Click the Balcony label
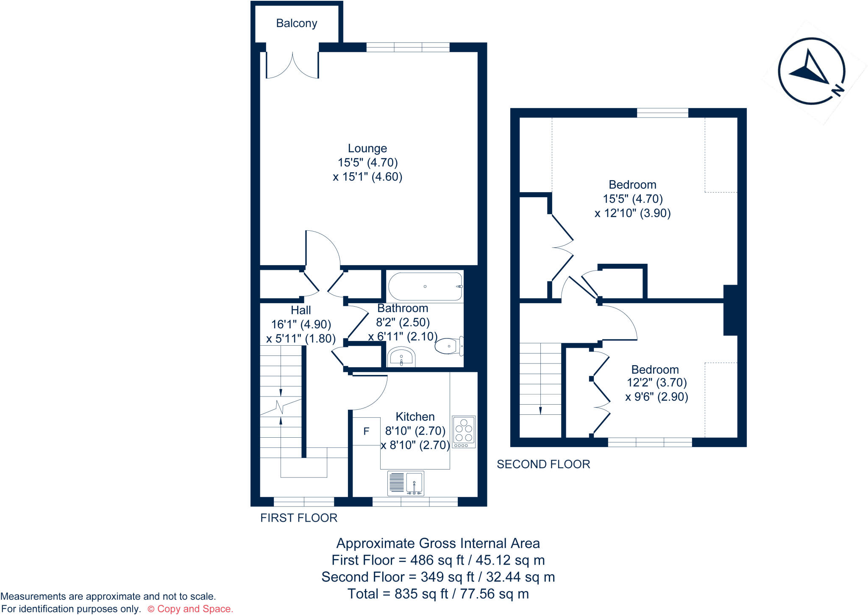click(296, 23)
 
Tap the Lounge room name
click(367, 148)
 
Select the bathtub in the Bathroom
click(425, 287)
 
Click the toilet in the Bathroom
click(449, 346)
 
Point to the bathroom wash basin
click(401, 357)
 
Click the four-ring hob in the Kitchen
click(464, 431)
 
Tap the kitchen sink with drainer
click(406, 483)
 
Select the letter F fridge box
click(366, 431)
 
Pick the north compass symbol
click(812, 71)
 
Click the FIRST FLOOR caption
click(299, 518)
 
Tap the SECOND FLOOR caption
click(543, 464)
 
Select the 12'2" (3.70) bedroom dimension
click(657, 383)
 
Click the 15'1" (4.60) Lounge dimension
click(367, 177)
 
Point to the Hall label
click(300, 310)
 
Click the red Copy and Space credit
click(190, 609)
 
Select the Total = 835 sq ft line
click(438, 594)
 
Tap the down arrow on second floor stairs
click(540, 410)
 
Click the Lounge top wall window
click(408, 47)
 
